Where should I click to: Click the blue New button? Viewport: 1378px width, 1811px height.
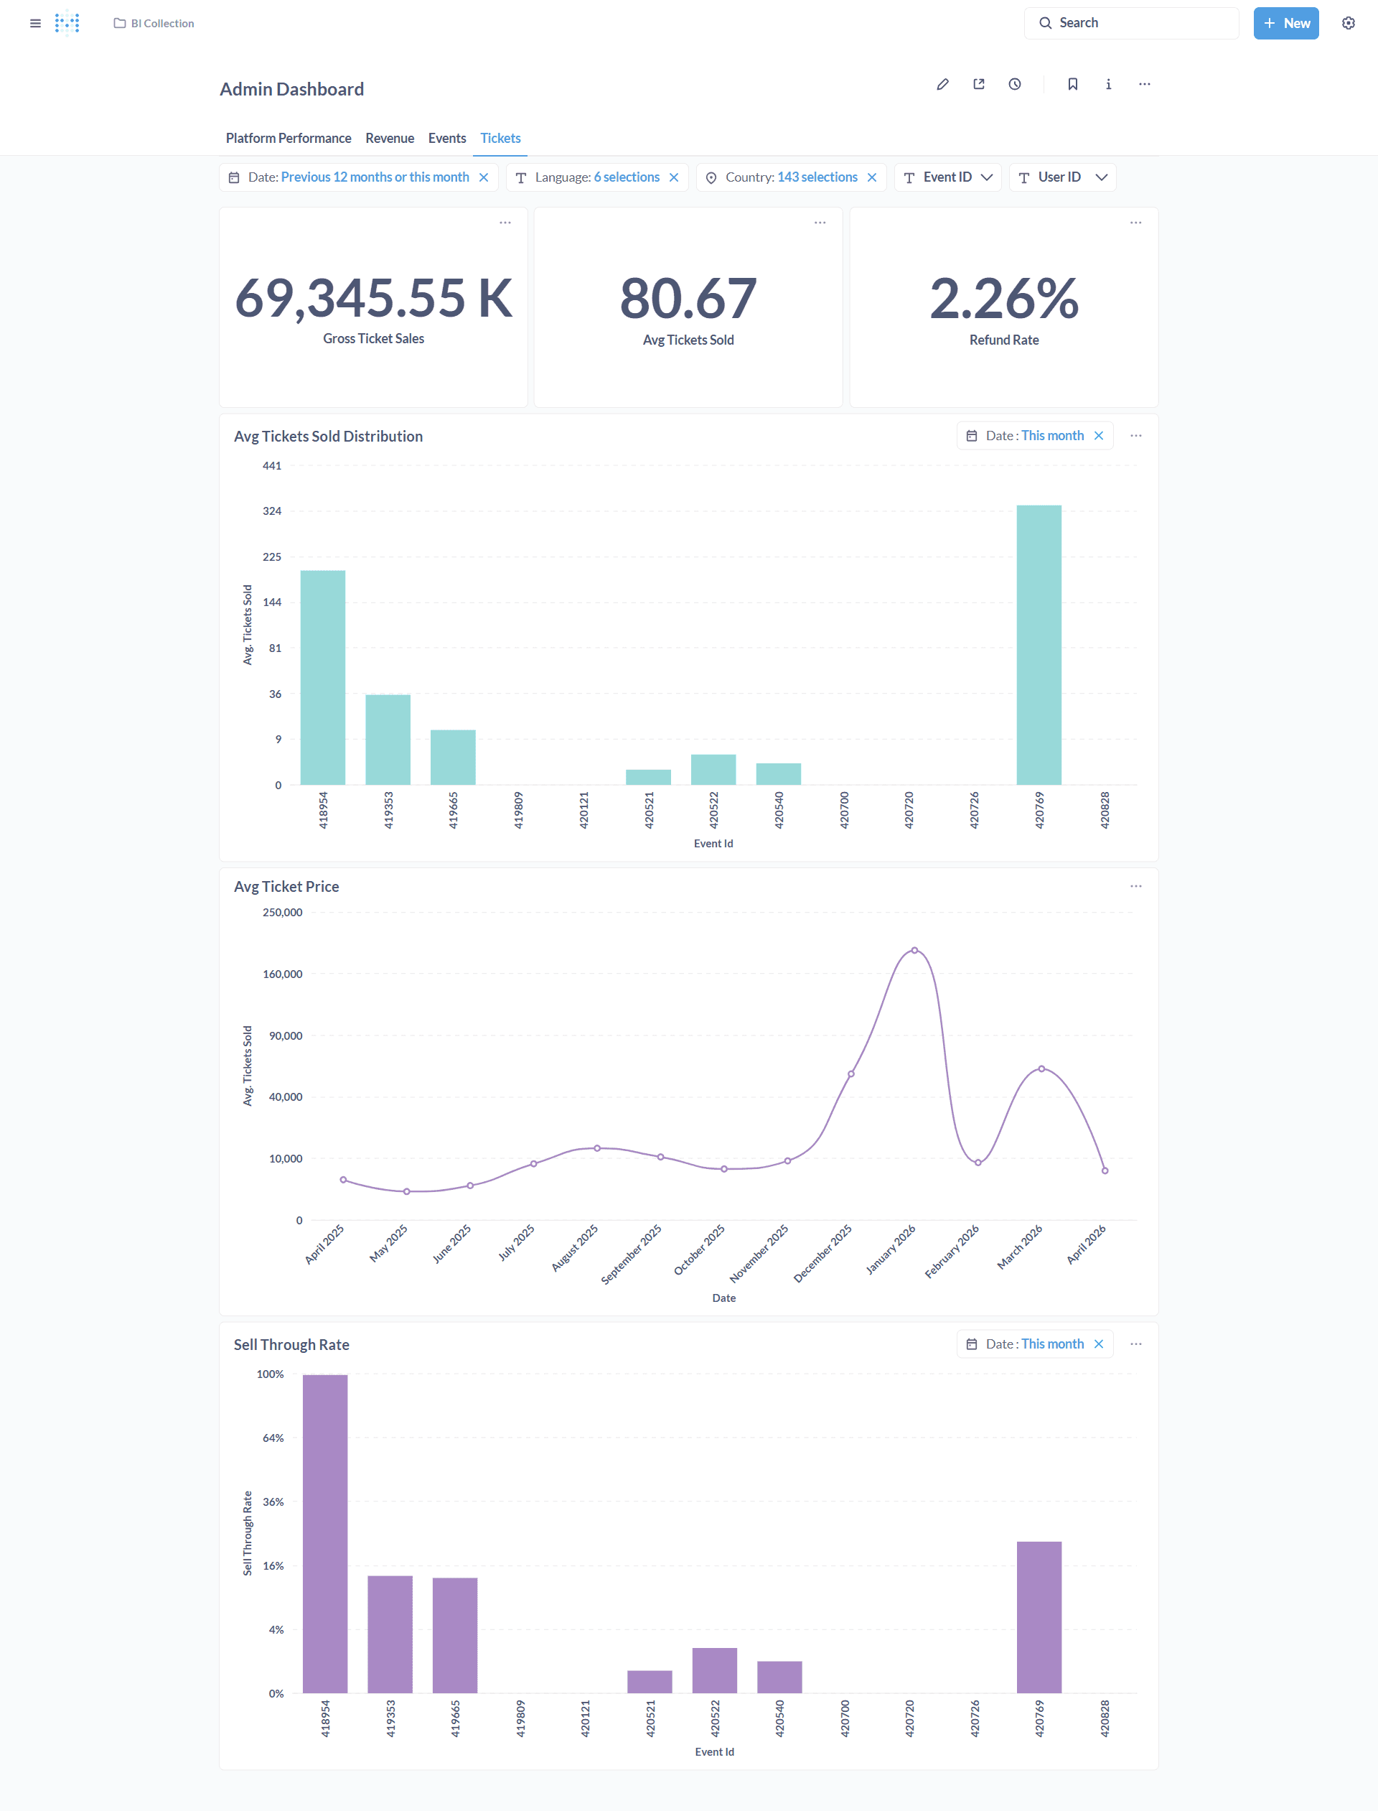(x=1285, y=23)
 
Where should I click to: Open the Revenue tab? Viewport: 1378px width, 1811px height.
(x=390, y=138)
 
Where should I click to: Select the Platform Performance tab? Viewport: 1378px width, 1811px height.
(x=288, y=138)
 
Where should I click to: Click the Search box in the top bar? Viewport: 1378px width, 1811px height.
(x=1131, y=23)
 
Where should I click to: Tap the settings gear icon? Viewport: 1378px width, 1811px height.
(x=1348, y=23)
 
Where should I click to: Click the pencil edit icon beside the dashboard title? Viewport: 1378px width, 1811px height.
(x=942, y=85)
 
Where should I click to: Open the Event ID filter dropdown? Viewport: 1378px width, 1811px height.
(x=947, y=177)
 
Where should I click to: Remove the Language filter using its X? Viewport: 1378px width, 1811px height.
(x=674, y=177)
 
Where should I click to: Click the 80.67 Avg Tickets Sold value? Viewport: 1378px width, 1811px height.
(x=688, y=298)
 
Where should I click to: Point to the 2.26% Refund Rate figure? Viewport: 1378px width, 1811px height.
(x=1003, y=298)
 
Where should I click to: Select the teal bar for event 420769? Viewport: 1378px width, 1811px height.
(x=1039, y=644)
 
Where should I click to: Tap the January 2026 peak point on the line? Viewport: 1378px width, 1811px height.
(x=914, y=950)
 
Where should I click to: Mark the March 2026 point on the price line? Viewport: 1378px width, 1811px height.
(x=1041, y=1069)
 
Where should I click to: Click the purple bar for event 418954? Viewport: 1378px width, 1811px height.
(x=325, y=1533)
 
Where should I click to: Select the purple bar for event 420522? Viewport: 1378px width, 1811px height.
(x=714, y=1669)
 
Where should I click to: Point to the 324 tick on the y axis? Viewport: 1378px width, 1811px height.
(x=271, y=511)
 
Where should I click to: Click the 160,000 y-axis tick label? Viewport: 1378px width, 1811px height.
(x=282, y=974)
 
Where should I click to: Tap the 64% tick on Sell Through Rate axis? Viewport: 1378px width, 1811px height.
(x=273, y=1438)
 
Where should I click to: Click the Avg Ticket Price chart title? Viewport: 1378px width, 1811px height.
(x=286, y=886)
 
